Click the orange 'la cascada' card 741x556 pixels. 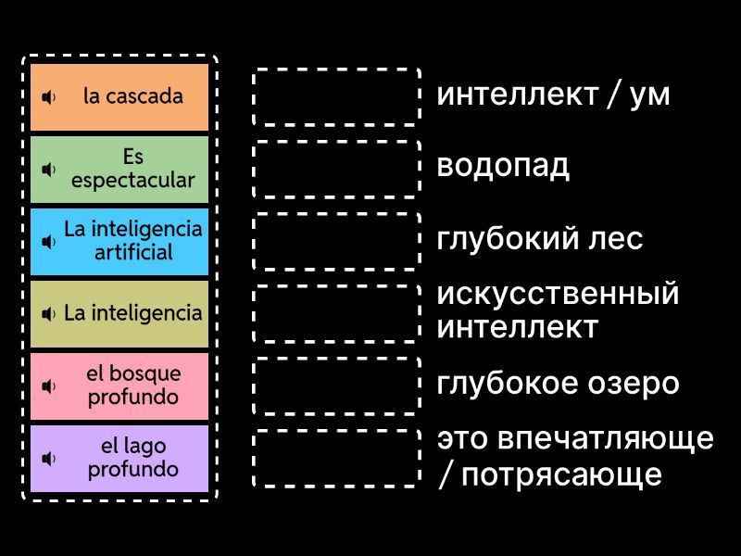point(119,96)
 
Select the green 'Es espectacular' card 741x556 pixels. point(119,169)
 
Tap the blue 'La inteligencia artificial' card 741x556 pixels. point(119,241)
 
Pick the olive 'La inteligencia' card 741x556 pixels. point(119,313)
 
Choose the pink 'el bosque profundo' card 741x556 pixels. point(119,385)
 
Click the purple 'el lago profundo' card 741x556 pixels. point(119,458)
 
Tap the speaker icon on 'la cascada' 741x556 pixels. point(49,96)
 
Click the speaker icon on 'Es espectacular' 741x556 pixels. point(49,170)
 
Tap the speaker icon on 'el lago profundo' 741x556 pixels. point(49,459)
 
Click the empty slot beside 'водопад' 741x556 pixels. point(336,169)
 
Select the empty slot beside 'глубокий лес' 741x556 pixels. point(336,241)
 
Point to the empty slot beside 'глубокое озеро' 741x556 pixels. point(336,385)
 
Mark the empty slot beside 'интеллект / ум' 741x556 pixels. point(336,96)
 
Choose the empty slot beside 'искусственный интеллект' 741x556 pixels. point(336,313)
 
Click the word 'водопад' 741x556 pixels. point(503,167)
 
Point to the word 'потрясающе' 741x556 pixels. point(561,474)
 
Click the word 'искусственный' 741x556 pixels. point(558,295)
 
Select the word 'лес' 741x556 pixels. point(617,239)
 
